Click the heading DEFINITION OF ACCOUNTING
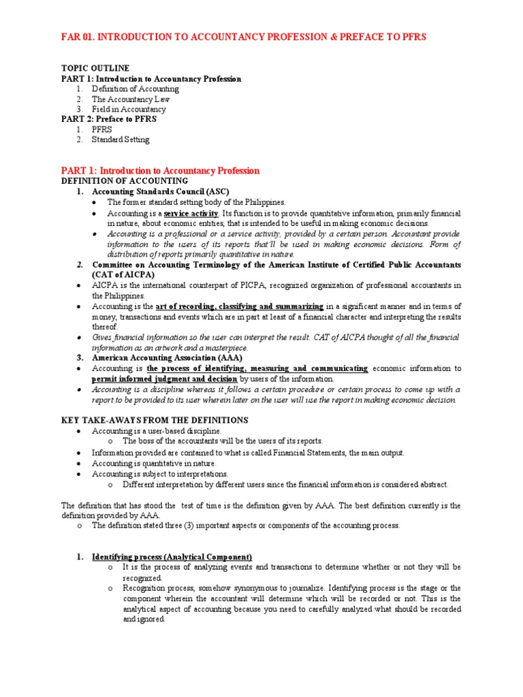point(125,181)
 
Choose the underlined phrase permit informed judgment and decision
point(165,378)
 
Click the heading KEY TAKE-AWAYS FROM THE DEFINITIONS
point(155,420)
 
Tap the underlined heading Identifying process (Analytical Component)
point(172,556)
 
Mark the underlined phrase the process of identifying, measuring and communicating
point(257,368)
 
